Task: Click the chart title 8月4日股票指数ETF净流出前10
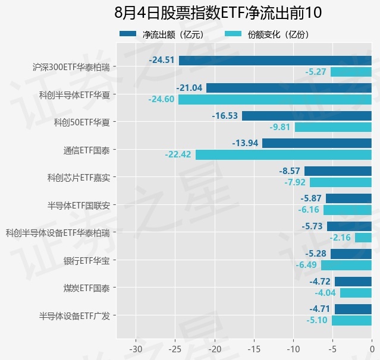click(218, 12)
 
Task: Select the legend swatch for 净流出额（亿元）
click(128, 34)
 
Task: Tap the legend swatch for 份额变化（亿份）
click(233, 34)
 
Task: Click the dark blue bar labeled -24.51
click(275, 61)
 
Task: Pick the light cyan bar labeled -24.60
click(275, 99)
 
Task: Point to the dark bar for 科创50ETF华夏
click(307, 116)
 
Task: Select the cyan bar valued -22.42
click(284, 154)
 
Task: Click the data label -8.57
click(290, 171)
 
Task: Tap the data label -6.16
click(309, 210)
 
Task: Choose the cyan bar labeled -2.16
click(363, 238)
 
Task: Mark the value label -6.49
click(306, 265)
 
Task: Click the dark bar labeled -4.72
click(353, 282)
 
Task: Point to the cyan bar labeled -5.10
click(351, 321)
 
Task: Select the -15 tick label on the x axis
click(254, 349)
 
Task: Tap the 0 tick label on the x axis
click(372, 349)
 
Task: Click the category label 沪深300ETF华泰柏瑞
click(71, 67)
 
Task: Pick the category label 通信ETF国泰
click(86, 150)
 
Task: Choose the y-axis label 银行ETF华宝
click(86, 261)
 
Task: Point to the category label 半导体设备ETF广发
click(74, 316)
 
